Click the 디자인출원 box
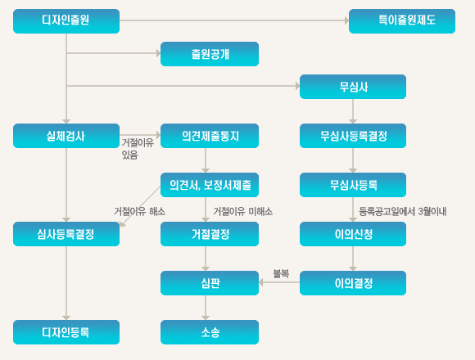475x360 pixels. (x=66, y=21)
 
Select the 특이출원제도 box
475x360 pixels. (x=402, y=21)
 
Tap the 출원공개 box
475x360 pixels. (x=210, y=54)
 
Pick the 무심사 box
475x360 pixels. (x=353, y=87)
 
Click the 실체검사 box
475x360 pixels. (x=66, y=136)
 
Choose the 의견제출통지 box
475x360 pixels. (x=210, y=136)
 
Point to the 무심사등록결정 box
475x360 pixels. (x=353, y=136)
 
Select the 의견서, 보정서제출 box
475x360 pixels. (x=210, y=185)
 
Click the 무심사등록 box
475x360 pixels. (x=353, y=185)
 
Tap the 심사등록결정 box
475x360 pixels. (x=66, y=234)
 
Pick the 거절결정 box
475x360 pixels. (x=210, y=234)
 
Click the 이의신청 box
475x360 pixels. (x=353, y=234)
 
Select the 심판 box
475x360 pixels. (x=210, y=283)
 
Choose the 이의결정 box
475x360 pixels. (x=353, y=283)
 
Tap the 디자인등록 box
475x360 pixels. (x=66, y=332)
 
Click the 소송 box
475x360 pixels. (x=210, y=332)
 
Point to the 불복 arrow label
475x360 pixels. (x=281, y=273)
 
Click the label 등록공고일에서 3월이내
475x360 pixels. (x=403, y=211)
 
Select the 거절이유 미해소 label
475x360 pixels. (x=243, y=211)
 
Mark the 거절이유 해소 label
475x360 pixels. (x=140, y=211)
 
